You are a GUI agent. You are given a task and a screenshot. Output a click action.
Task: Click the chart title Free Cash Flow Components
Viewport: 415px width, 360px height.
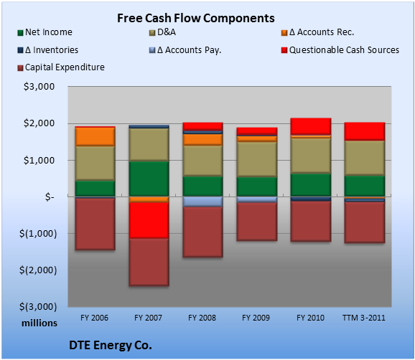point(196,18)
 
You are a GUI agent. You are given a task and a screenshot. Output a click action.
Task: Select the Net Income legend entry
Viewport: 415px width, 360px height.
point(45,32)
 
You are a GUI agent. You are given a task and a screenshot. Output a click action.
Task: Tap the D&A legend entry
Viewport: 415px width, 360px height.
point(163,32)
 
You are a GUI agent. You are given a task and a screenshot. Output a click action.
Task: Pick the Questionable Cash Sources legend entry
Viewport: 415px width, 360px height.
point(340,50)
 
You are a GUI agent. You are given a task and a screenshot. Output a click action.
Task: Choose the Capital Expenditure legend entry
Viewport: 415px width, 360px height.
point(61,67)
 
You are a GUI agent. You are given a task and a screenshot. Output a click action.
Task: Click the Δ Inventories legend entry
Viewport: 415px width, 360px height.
point(48,50)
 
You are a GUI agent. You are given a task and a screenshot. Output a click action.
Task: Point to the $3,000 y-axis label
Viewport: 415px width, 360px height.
point(39,87)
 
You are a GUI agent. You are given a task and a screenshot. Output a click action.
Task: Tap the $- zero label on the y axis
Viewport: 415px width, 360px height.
point(50,196)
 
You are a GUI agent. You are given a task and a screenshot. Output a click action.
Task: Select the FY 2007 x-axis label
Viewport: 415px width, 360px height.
point(148,318)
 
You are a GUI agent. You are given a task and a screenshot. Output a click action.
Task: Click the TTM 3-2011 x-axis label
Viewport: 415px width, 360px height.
point(364,318)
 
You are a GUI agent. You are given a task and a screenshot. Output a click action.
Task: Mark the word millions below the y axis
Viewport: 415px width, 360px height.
point(39,323)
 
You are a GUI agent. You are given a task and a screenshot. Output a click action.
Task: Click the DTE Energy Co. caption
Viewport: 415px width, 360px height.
point(111,345)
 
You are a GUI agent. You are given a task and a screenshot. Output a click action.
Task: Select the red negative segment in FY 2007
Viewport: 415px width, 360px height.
point(149,220)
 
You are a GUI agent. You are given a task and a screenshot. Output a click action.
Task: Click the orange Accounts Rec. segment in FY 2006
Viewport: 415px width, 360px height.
point(95,137)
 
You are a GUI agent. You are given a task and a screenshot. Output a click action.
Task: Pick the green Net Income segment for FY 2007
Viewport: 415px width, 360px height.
point(149,179)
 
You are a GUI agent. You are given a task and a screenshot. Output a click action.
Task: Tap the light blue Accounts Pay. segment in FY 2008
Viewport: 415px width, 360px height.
point(202,202)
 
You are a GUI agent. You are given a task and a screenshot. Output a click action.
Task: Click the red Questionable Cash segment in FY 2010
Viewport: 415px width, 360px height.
point(311,126)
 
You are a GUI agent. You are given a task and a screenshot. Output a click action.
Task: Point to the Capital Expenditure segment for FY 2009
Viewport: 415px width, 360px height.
point(257,222)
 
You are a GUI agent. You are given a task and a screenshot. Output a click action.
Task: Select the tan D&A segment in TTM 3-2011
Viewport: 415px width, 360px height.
point(365,158)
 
